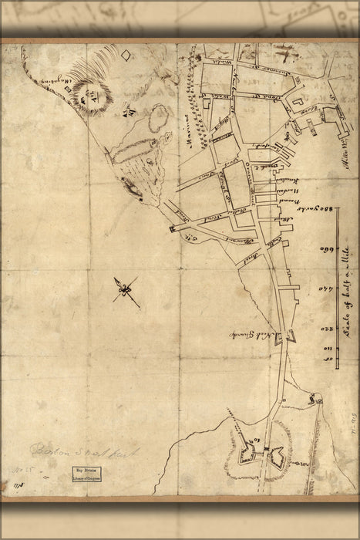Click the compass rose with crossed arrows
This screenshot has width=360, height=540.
(126, 292)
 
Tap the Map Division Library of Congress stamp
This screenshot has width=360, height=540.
(87, 473)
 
